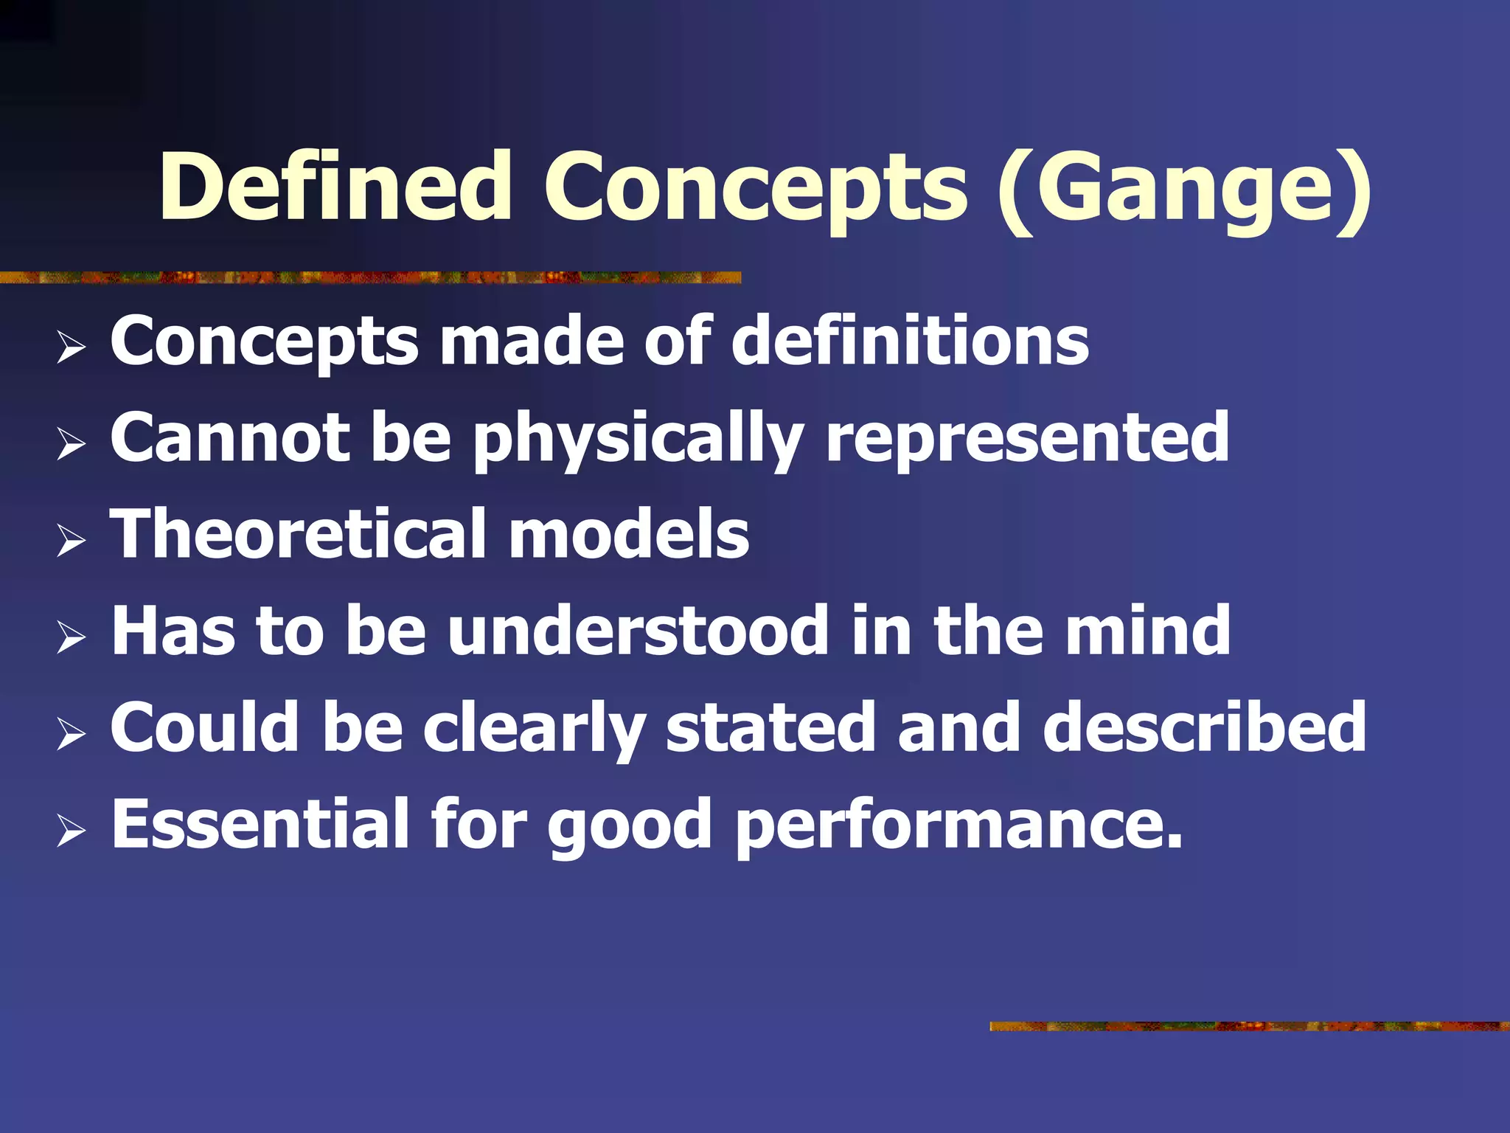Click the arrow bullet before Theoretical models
71,541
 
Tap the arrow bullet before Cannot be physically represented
71,444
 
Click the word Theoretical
298,534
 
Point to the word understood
638,631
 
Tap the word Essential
260,824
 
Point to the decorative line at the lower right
1249,1026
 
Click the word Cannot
229,438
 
